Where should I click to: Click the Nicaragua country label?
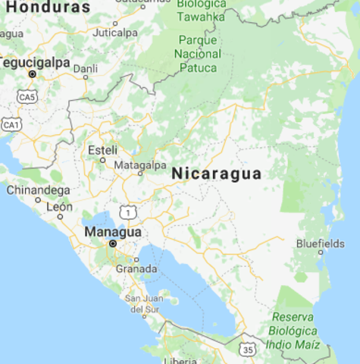[x=216, y=174]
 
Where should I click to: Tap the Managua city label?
[x=113, y=231]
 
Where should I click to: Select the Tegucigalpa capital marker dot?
[x=32, y=74]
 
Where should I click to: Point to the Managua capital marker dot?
[x=113, y=244]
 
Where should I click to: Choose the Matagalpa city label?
[x=139, y=165]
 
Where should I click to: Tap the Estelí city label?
[x=103, y=149]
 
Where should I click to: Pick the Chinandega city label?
[x=38, y=190]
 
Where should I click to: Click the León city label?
[x=59, y=206]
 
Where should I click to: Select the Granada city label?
[x=136, y=268]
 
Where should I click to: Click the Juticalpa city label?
[x=115, y=33]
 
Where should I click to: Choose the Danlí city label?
[x=85, y=68]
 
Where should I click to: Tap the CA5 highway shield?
[x=28, y=97]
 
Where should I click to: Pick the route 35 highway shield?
[x=249, y=350]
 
